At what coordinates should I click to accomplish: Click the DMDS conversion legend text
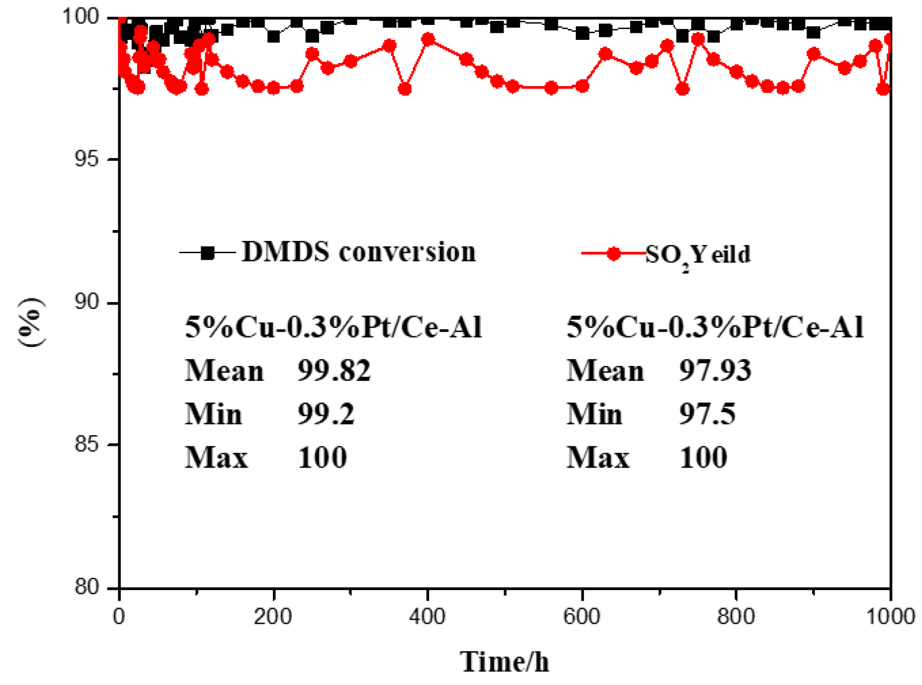click(358, 252)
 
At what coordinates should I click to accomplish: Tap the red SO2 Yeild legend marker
click(614, 253)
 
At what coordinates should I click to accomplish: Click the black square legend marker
click(208, 253)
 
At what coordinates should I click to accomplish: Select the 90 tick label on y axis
click(87, 302)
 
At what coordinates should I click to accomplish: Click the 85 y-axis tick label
click(87, 445)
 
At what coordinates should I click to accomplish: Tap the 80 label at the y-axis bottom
click(87, 587)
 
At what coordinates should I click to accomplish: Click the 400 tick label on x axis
click(427, 616)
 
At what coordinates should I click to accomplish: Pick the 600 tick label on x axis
click(581, 616)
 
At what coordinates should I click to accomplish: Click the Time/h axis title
click(504, 661)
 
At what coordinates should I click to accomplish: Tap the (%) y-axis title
click(30, 322)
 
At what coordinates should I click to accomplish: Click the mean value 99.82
click(334, 371)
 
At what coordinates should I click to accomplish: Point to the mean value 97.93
click(715, 371)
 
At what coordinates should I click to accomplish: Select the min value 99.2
click(326, 414)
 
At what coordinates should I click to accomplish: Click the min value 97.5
click(707, 414)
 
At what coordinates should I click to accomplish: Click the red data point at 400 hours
click(428, 40)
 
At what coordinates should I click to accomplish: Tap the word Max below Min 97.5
click(598, 458)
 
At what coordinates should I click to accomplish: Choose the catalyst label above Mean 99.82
click(333, 327)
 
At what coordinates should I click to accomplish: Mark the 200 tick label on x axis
click(273, 616)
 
